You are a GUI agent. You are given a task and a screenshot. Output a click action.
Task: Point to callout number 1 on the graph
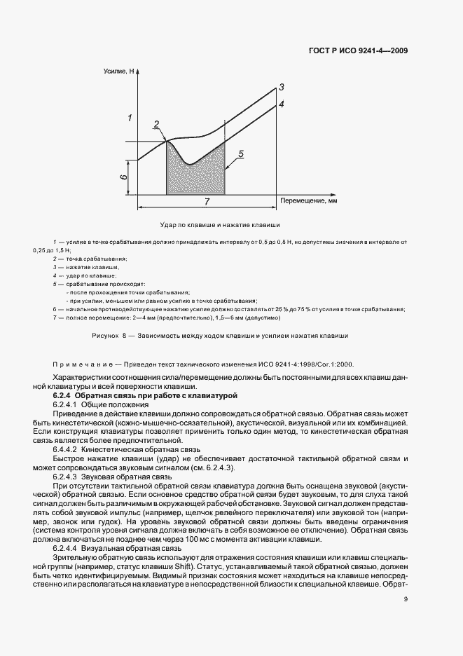point(130,117)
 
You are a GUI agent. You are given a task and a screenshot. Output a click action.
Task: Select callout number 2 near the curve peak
point(157,125)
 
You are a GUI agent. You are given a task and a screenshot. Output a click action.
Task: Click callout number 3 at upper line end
point(281,88)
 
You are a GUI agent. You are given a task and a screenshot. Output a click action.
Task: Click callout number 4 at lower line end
point(281,104)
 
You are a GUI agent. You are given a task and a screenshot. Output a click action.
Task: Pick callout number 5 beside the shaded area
point(240,153)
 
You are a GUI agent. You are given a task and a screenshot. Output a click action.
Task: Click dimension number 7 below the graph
point(207,202)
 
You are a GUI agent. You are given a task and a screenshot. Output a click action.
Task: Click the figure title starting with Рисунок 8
point(220,336)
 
